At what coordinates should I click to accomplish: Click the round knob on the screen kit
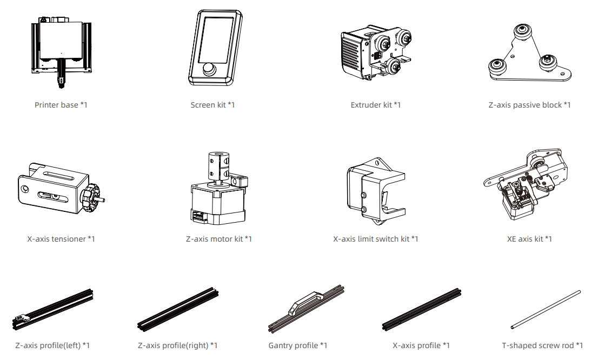(209, 69)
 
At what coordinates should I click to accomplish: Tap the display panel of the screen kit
(216, 41)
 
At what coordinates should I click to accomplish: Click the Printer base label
(61, 105)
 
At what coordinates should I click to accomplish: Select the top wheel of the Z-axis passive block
(522, 32)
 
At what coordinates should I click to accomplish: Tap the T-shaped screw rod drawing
(546, 309)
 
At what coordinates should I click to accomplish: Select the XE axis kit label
(529, 239)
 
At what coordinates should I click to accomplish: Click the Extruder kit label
(376, 105)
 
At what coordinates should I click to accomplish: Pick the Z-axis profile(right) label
(178, 345)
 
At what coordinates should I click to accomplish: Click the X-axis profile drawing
(422, 309)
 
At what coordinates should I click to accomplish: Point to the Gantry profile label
(298, 345)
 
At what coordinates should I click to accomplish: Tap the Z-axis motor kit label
(219, 239)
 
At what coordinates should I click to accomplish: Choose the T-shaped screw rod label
(542, 345)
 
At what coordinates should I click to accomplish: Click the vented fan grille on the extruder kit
(350, 55)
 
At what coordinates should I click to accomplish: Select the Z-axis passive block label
(529, 105)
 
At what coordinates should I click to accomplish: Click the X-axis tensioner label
(61, 239)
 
